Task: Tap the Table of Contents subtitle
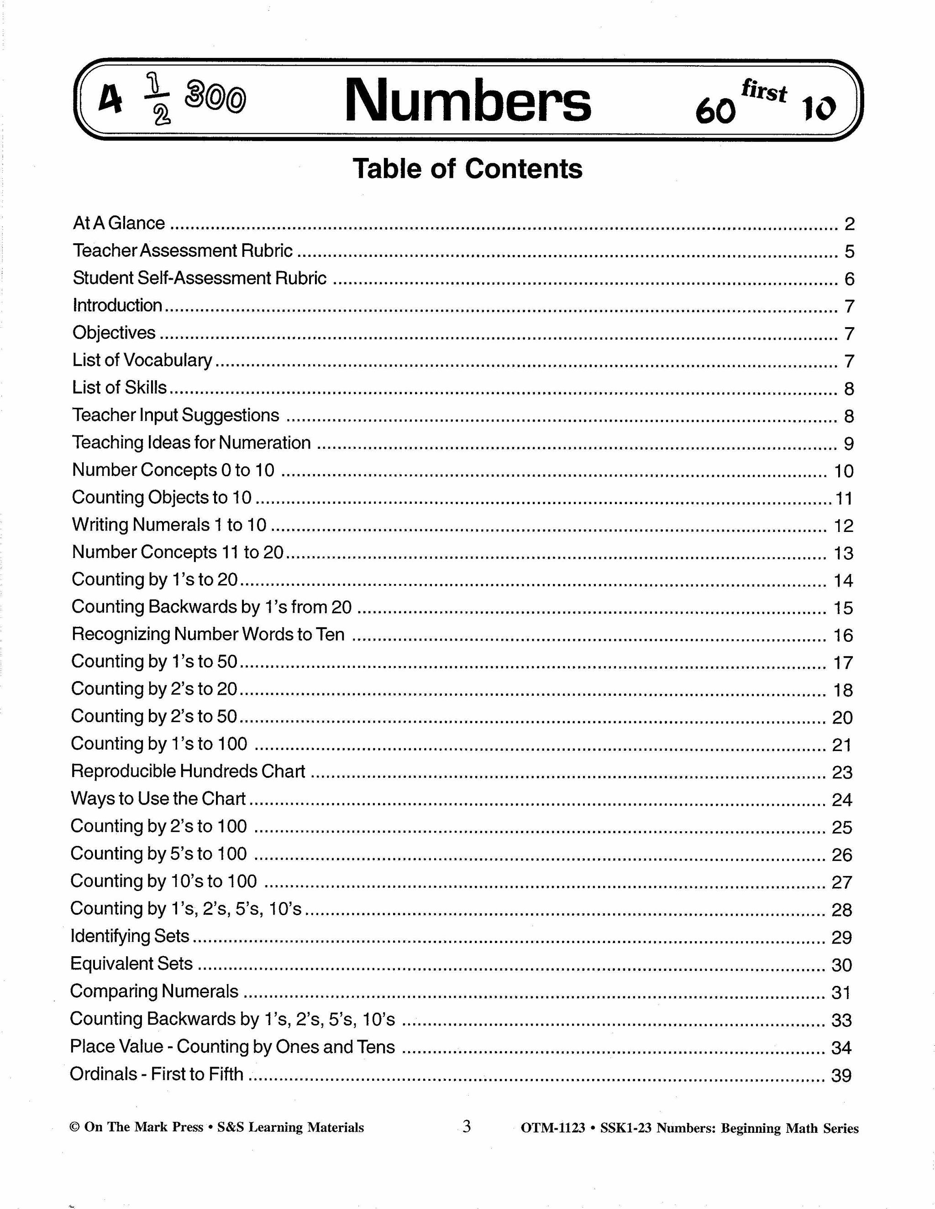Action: tap(467, 168)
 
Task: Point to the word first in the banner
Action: tap(764, 90)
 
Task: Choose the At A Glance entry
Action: tap(119, 223)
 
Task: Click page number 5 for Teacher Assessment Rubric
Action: tap(849, 251)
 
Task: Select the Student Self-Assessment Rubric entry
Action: tap(200, 278)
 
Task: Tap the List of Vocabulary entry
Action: tap(142, 360)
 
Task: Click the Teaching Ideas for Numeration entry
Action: tap(191, 443)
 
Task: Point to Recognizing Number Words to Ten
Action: tap(208, 635)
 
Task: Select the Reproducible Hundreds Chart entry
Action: tap(189, 771)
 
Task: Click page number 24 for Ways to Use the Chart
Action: tap(842, 800)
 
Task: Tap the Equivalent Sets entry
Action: tap(132, 964)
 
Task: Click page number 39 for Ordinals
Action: tap(841, 1076)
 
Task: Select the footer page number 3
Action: tap(467, 1126)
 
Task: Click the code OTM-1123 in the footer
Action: tap(553, 1128)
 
